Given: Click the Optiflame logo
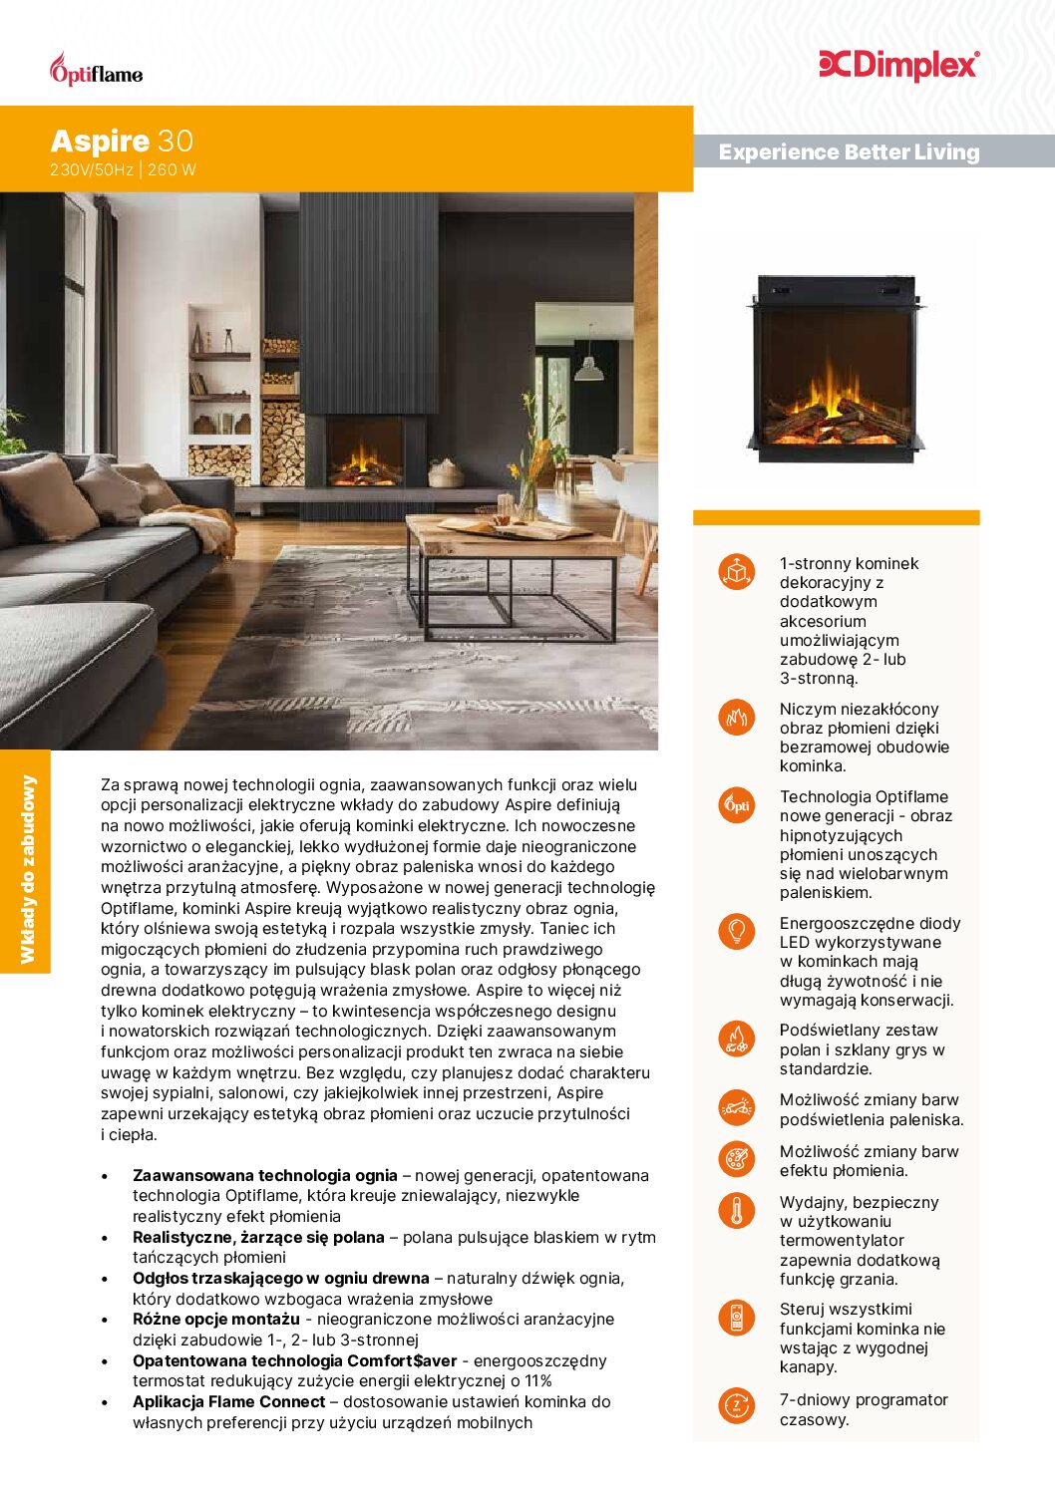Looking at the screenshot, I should coord(96,71).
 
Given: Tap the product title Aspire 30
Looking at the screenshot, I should coord(122,141).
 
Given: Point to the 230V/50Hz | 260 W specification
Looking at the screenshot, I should coord(123,169).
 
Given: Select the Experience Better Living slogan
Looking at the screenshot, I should coord(849,152).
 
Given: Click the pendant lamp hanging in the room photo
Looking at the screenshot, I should coord(588,370).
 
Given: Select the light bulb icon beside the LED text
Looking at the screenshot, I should coord(736,931).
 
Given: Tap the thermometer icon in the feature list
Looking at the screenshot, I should coord(736,1210).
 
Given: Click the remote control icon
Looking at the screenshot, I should coord(736,1318).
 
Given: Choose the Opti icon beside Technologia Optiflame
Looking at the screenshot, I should coord(736,804).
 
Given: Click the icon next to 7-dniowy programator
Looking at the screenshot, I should coord(736,1405).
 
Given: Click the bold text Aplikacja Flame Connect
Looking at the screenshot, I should coord(228,1401).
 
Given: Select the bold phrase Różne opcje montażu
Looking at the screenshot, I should coord(216,1319).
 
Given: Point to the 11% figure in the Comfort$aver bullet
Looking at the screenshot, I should coord(537,1380).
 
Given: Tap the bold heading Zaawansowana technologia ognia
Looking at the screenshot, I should coord(264,1175).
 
